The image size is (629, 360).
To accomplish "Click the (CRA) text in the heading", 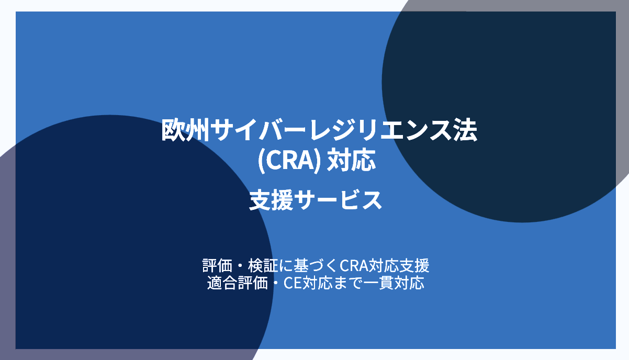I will tap(289, 160).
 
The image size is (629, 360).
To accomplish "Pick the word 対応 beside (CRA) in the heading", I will tap(351, 160).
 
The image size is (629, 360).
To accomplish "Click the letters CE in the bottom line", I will tap(294, 284).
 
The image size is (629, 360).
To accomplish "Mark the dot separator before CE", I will tap(276, 284).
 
